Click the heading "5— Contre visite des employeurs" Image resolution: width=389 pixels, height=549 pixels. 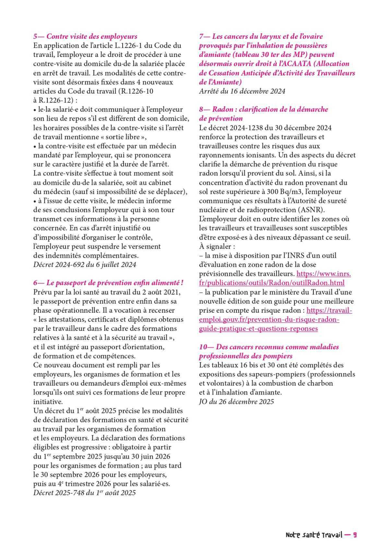[85, 37]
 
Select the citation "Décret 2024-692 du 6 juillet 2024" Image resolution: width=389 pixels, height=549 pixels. [85, 264]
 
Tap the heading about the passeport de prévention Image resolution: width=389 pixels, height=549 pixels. [109, 283]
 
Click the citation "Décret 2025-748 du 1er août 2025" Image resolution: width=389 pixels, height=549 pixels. [84, 493]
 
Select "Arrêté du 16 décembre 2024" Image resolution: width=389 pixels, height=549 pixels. [242, 91]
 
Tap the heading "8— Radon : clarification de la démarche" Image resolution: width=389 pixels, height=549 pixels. [264, 109]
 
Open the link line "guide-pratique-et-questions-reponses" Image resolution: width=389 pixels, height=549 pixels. [258, 329]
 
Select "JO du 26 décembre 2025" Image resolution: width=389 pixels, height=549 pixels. [236, 402]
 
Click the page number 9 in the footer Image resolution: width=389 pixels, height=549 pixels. [355, 535]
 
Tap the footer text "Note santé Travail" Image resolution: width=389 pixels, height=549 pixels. [314, 535]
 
